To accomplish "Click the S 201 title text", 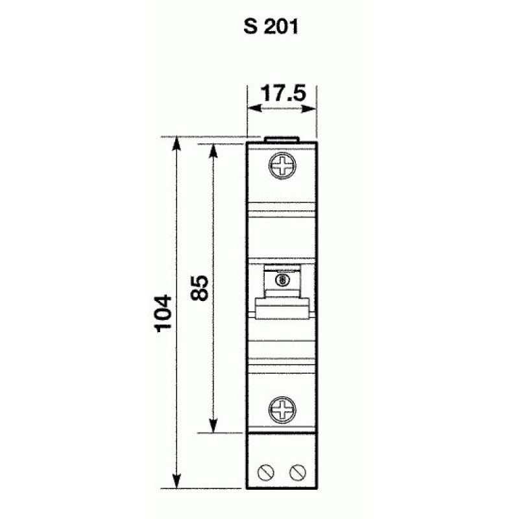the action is (x=271, y=27).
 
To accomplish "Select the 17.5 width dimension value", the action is (x=283, y=93).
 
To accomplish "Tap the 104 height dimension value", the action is (x=163, y=313).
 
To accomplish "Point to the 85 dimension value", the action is (x=200, y=287).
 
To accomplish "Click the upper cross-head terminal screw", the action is (x=282, y=166).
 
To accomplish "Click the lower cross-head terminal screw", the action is (x=282, y=410).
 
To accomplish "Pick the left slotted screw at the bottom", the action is (x=266, y=472).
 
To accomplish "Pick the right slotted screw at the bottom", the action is (x=298, y=472).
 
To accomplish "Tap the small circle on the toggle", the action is (x=282, y=280).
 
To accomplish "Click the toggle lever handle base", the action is (x=282, y=309).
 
